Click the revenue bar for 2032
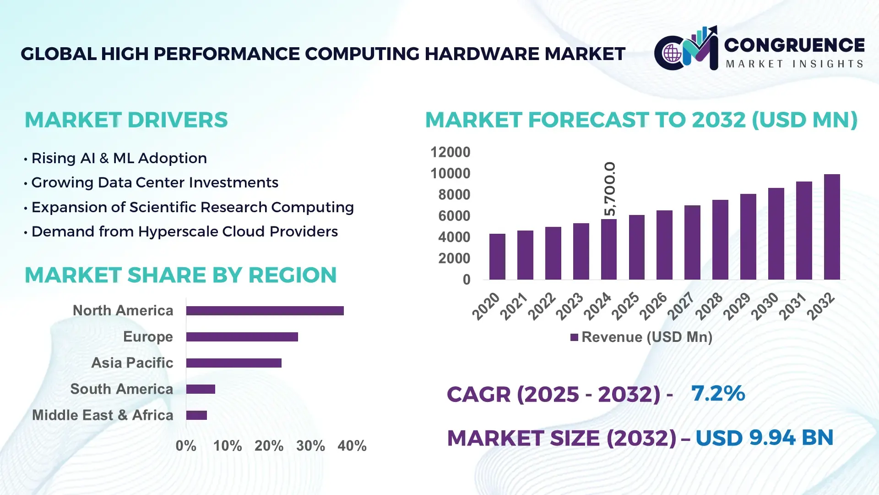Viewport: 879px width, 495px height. [x=831, y=227]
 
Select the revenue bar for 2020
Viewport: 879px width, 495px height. [x=497, y=257]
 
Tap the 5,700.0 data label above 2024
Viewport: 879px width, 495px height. [x=610, y=189]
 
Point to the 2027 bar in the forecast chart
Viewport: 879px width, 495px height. [x=692, y=242]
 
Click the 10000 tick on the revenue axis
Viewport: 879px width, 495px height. [x=450, y=174]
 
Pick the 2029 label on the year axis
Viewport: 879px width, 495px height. [x=737, y=306]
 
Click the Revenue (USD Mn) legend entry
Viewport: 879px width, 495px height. [x=641, y=337]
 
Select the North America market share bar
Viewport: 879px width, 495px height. [x=265, y=311]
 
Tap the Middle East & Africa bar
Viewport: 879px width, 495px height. [x=196, y=415]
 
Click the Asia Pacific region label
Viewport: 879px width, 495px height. [x=132, y=363]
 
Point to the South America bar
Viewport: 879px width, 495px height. [x=201, y=389]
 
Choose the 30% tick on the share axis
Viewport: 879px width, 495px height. [x=310, y=446]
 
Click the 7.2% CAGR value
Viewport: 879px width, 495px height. [x=718, y=393]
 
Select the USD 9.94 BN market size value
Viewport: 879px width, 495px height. [x=764, y=438]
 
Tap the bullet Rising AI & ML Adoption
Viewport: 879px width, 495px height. [x=119, y=159]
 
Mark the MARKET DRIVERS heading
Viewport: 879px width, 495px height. [x=126, y=120]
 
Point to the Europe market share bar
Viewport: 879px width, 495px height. [x=242, y=337]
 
